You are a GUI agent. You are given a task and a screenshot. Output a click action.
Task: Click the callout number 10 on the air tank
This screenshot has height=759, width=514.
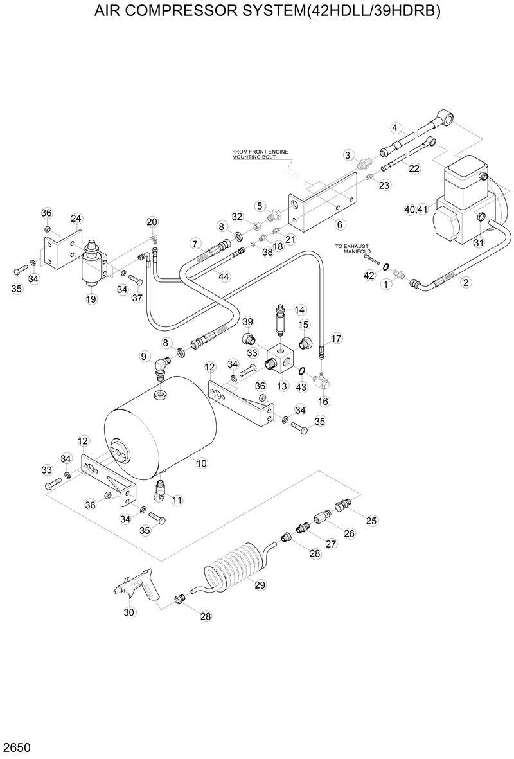point(201,462)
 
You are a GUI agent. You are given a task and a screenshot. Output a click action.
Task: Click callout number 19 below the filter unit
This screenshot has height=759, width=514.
point(91,299)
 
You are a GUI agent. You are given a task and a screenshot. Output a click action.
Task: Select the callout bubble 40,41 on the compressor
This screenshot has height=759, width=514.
point(416,210)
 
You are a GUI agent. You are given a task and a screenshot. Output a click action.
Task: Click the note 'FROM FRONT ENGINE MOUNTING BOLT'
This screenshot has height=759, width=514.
point(260,154)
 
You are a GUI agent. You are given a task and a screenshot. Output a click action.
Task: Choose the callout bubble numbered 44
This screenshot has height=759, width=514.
point(223,276)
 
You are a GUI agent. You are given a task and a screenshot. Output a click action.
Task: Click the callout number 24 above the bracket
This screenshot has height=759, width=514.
point(76,219)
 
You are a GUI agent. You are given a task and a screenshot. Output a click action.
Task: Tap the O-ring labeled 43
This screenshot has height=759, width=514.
point(301,371)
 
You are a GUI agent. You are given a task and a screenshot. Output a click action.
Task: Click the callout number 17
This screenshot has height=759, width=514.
point(336,339)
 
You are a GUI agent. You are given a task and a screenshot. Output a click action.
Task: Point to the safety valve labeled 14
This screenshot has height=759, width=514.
point(279,319)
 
